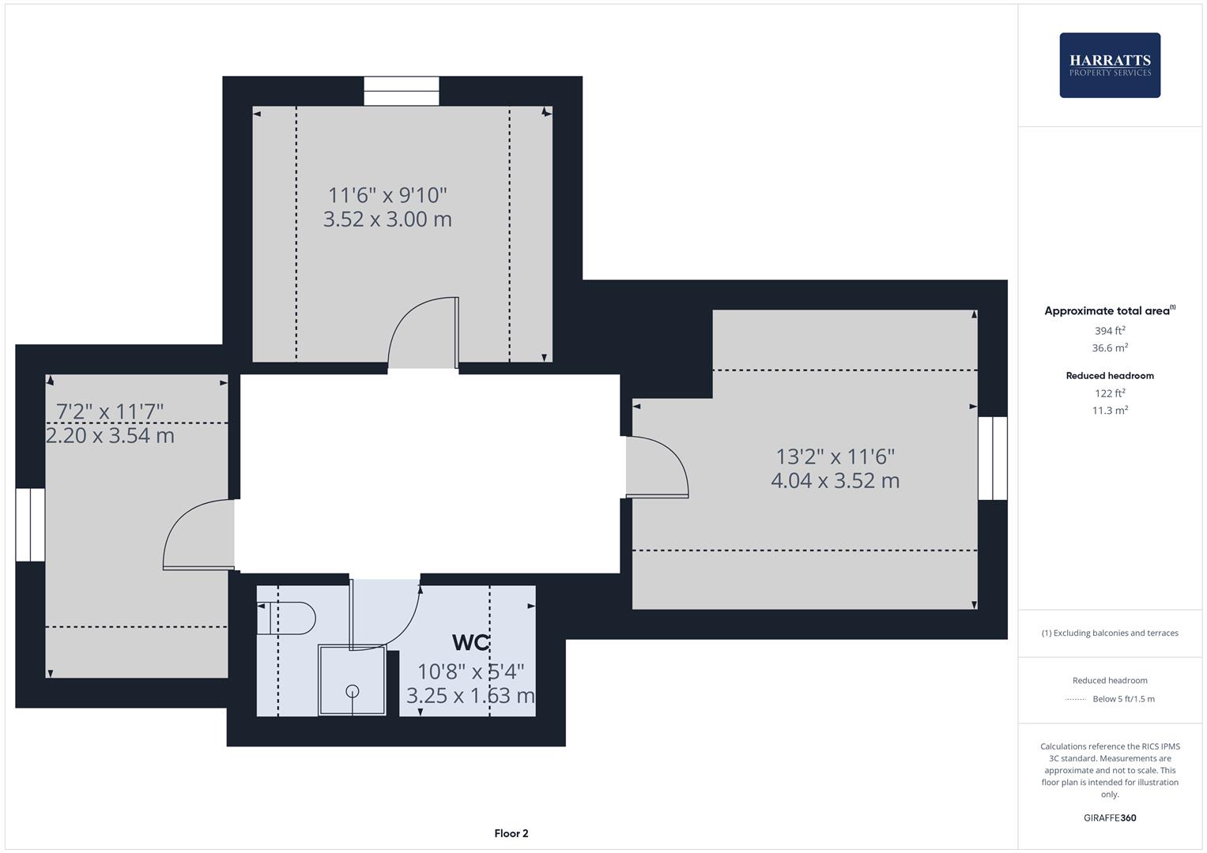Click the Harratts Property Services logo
point(1110,66)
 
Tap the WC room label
point(470,642)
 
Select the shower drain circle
point(353,691)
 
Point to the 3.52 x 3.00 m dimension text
point(387,220)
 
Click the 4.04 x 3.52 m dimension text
point(835,481)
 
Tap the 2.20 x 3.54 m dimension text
point(111,436)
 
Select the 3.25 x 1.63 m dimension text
point(470,696)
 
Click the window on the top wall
point(402,91)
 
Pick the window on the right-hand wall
point(993,458)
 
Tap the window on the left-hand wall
point(30,524)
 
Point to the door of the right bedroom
point(658,468)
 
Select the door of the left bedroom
point(198,535)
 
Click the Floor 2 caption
point(511,833)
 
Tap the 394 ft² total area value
point(1110,331)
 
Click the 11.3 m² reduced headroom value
point(1110,411)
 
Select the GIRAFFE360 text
point(1110,818)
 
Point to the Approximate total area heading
point(1108,311)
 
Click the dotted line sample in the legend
point(1076,699)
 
